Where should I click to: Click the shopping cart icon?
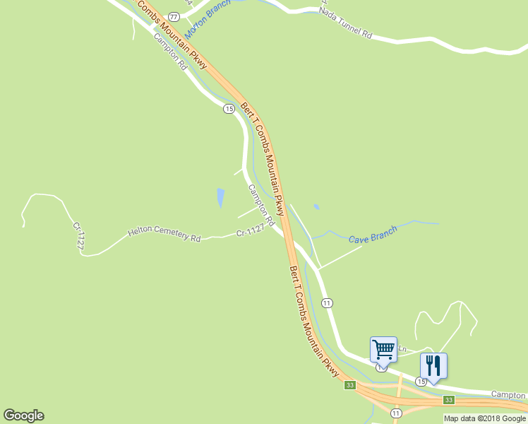click(x=383, y=349)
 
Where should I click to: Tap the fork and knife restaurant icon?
click(x=433, y=366)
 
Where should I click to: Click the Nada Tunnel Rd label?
click(x=345, y=22)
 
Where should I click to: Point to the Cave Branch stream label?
click(x=373, y=234)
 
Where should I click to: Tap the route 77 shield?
click(x=174, y=16)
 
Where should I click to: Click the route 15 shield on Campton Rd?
click(x=229, y=108)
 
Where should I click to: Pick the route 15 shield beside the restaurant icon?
click(x=421, y=382)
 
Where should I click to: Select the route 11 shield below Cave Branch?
click(x=327, y=302)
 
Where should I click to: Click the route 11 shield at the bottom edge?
click(x=395, y=413)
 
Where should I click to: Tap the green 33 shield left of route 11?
click(x=349, y=385)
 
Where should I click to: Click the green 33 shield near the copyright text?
click(x=448, y=400)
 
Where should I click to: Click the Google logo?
click(x=23, y=416)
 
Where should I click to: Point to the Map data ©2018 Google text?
click(x=484, y=418)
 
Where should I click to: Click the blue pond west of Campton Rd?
click(x=220, y=197)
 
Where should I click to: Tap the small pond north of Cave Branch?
click(x=316, y=207)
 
